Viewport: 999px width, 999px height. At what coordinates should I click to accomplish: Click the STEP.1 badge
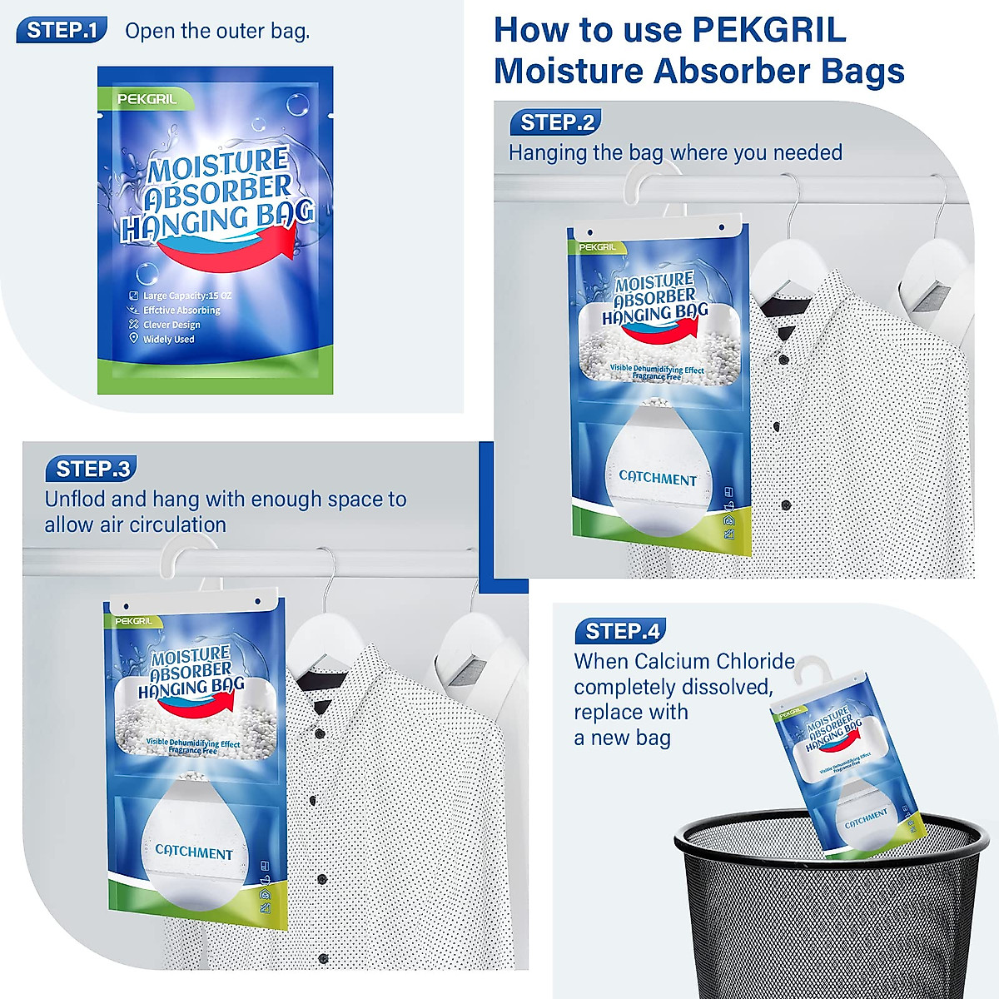coord(62,32)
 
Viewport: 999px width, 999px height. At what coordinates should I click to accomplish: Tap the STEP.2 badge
coord(555,123)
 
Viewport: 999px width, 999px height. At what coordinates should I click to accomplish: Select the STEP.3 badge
coord(92,470)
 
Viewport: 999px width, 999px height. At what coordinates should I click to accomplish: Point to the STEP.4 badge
coord(621,632)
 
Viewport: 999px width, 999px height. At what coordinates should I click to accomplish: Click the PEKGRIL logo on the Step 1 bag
coord(147,99)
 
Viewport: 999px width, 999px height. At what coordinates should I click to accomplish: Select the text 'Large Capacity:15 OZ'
coord(186,296)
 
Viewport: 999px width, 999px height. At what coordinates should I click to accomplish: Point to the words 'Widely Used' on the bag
coord(168,340)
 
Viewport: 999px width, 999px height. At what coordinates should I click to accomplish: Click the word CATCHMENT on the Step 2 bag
coord(658,479)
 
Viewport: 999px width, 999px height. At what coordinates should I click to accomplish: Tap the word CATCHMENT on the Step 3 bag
coord(194,852)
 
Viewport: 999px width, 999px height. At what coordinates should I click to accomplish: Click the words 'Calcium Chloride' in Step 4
coord(713,662)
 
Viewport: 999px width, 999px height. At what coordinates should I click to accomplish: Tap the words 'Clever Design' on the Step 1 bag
coord(171,325)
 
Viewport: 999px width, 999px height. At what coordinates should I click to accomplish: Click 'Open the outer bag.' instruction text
coord(217,32)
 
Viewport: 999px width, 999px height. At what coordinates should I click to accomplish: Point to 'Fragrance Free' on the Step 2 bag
coord(656,377)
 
